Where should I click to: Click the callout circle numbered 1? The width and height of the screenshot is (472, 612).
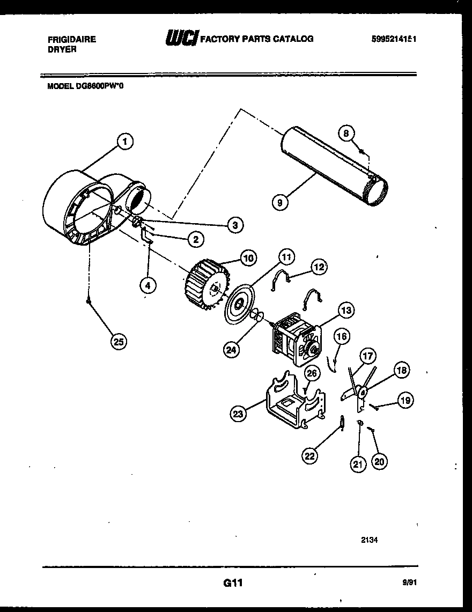pyautogui.click(x=124, y=142)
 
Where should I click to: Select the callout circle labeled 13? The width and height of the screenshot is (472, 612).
pyautogui.click(x=346, y=309)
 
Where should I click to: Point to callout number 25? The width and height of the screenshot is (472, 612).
pyautogui.click(x=119, y=341)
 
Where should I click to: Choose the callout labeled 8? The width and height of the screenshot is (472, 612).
pyautogui.click(x=346, y=132)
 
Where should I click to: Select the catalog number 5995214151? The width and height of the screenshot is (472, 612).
pyautogui.click(x=394, y=39)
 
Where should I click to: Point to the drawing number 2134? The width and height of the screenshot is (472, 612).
pyautogui.click(x=369, y=540)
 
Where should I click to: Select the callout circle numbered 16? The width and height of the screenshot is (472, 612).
pyautogui.click(x=342, y=337)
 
